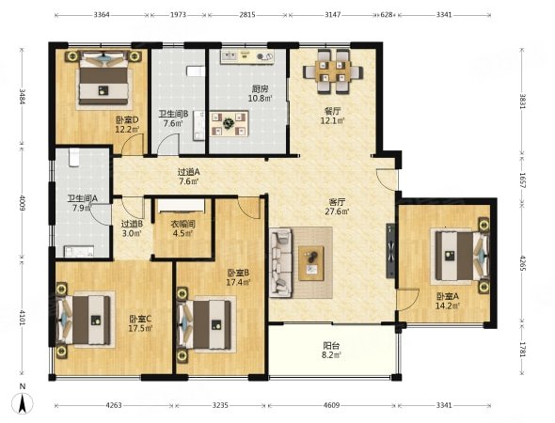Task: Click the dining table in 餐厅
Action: (333, 71)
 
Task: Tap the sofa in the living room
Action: (281, 262)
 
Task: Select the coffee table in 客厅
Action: (311, 263)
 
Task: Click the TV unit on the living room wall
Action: (390, 250)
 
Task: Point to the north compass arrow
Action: (23, 403)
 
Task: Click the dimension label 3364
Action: (102, 15)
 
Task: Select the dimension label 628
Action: (387, 15)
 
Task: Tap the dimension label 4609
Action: (331, 405)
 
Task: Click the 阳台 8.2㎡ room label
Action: (332, 350)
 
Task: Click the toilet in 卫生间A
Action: (74, 157)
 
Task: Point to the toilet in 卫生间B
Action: (195, 71)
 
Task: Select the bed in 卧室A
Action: (459, 256)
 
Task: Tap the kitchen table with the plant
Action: (229, 124)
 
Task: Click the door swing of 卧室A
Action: (408, 299)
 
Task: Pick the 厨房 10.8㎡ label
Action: (260, 93)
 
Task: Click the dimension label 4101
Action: (23, 318)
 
